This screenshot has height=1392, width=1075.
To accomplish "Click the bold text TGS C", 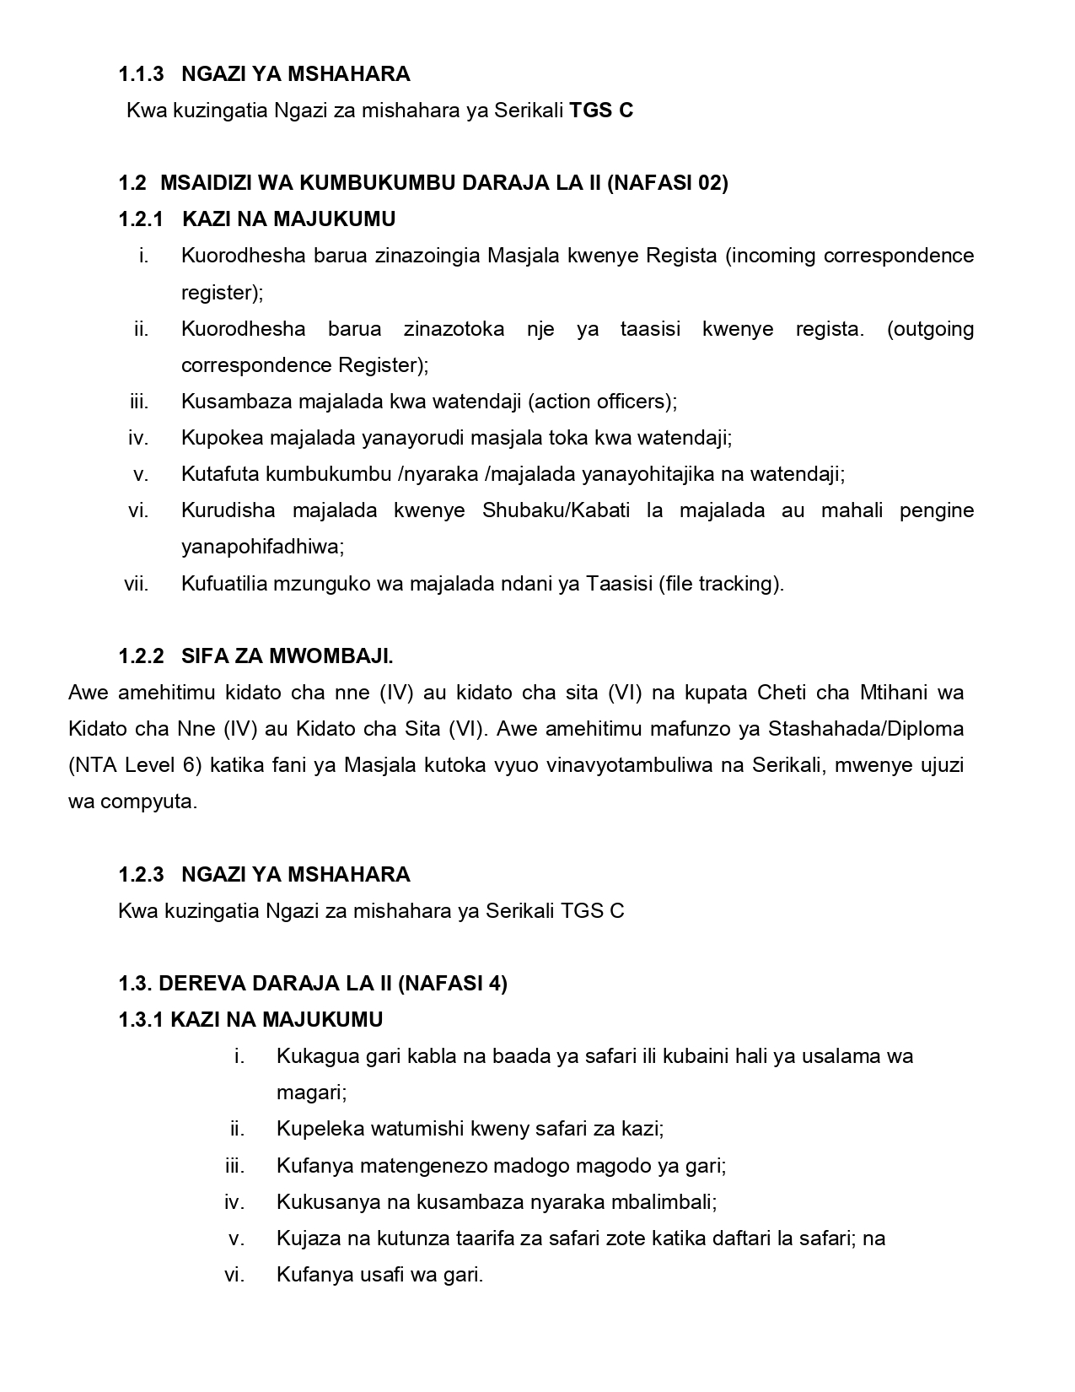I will (x=601, y=111).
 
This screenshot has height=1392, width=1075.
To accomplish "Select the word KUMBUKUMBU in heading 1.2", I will (x=360, y=183).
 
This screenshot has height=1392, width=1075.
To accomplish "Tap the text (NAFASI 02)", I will (x=667, y=183).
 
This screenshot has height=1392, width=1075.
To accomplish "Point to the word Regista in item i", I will (x=681, y=256).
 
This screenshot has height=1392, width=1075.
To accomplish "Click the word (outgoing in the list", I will (x=930, y=328).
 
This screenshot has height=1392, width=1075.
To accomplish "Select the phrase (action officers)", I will (x=601, y=402).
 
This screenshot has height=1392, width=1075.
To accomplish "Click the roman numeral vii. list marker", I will (x=137, y=584).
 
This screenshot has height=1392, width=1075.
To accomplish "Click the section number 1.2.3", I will (x=141, y=875).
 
